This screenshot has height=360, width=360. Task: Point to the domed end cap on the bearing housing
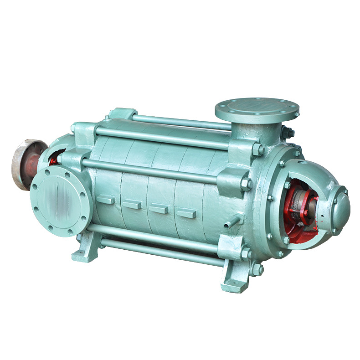click(336, 207)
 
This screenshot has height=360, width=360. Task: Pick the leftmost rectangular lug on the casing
click(106, 200)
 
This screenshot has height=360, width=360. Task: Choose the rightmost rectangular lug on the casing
click(186, 213)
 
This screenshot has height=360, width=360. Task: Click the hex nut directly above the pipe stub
click(246, 184)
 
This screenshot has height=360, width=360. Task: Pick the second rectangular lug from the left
click(132, 205)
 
